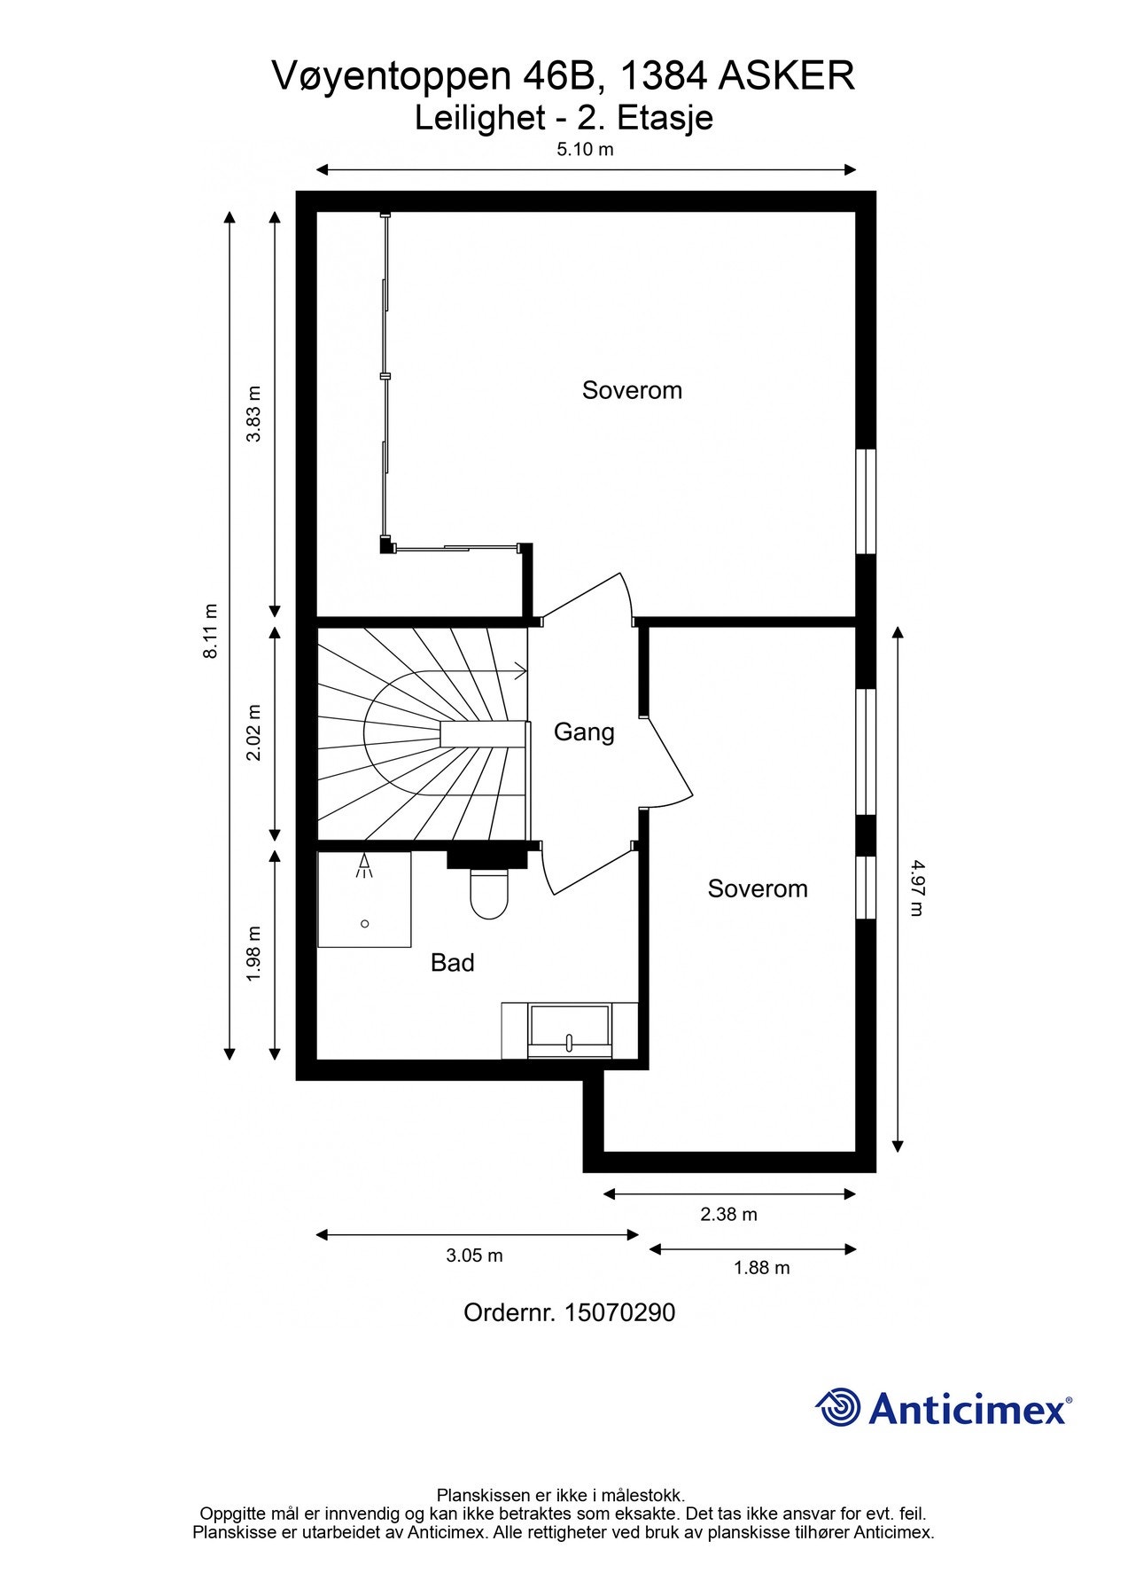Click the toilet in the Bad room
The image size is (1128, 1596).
[489, 894]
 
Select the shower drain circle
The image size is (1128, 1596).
[365, 924]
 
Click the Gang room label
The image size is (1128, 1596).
[584, 732]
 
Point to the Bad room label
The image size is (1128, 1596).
[453, 962]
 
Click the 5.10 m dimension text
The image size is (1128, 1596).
[585, 149]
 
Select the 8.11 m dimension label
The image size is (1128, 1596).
[210, 630]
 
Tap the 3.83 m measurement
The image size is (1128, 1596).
[254, 414]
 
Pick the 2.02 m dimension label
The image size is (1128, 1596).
[254, 732]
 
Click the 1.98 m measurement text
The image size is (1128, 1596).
[254, 953]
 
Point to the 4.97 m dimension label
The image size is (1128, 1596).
[916, 887]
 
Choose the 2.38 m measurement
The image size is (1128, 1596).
[729, 1215]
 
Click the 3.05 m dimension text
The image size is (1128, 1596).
[475, 1256]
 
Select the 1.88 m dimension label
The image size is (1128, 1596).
[762, 1268]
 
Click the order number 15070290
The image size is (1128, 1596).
[619, 1312]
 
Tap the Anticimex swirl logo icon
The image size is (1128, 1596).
[838, 1407]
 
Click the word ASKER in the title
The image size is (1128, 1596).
[786, 76]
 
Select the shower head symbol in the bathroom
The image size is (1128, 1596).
[364, 866]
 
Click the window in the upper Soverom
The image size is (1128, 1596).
[866, 502]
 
